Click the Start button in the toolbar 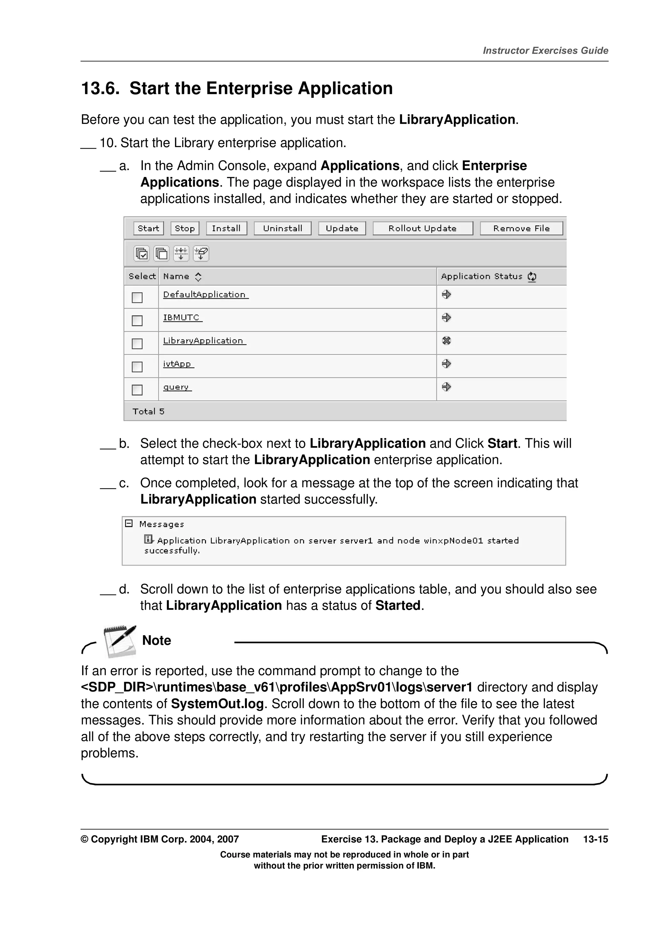tap(148, 228)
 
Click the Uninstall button tap(282, 228)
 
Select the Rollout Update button tap(422, 228)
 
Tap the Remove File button tap(521, 228)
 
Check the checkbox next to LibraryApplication tap(137, 343)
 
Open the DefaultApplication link tap(205, 295)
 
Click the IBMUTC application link tap(182, 318)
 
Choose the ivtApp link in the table tap(177, 364)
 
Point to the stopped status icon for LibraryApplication tap(446, 341)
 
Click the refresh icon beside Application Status tap(532, 277)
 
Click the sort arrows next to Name tap(198, 277)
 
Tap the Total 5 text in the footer tap(148, 411)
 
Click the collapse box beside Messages tap(129, 523)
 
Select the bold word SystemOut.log tap(217, 704)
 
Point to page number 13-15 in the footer tap(595, 839)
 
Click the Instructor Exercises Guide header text tap(545, 50)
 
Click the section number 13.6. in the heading tap(100, 88)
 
